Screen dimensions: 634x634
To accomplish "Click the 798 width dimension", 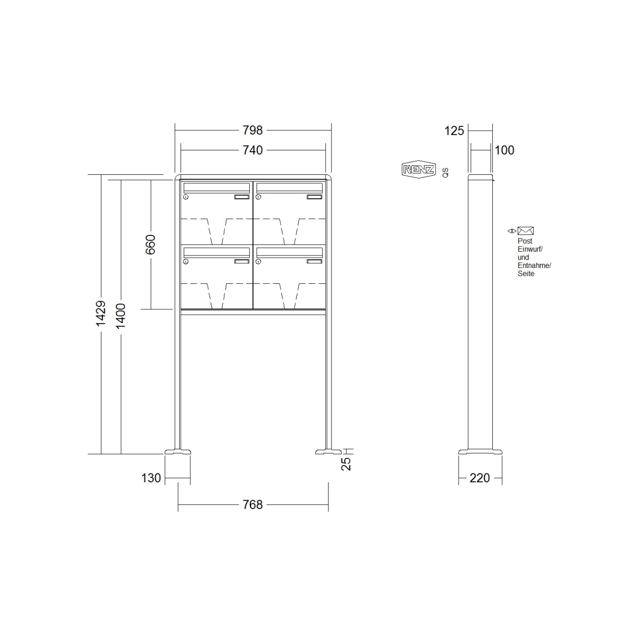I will coord(253,130).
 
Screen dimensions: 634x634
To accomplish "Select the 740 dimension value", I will coord(253,150).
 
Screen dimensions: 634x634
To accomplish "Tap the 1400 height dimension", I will coord(121,316).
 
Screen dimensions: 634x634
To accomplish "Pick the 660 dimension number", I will coord(151,244).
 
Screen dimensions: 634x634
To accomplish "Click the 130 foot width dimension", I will coord(151,478).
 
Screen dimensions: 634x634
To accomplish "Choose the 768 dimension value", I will coord(253,505).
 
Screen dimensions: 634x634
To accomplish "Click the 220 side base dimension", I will coord(480,478).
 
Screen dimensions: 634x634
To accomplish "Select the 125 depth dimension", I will coord(454,130).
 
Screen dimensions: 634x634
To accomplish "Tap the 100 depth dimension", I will coord(504,150).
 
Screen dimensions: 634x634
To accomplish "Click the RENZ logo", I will coord(418,170).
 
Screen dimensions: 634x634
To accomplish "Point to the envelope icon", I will coord(525,231).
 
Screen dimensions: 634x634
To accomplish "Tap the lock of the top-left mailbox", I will coord(186,197).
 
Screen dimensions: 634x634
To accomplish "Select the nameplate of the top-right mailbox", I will coord(315,196).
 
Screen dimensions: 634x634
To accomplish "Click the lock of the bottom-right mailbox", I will coord(258,262).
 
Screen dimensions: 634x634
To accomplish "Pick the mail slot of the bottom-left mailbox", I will coord(217,252).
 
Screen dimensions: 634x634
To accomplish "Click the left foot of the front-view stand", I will coord(178,451).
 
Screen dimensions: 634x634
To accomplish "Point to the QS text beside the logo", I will coord(445,173).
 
